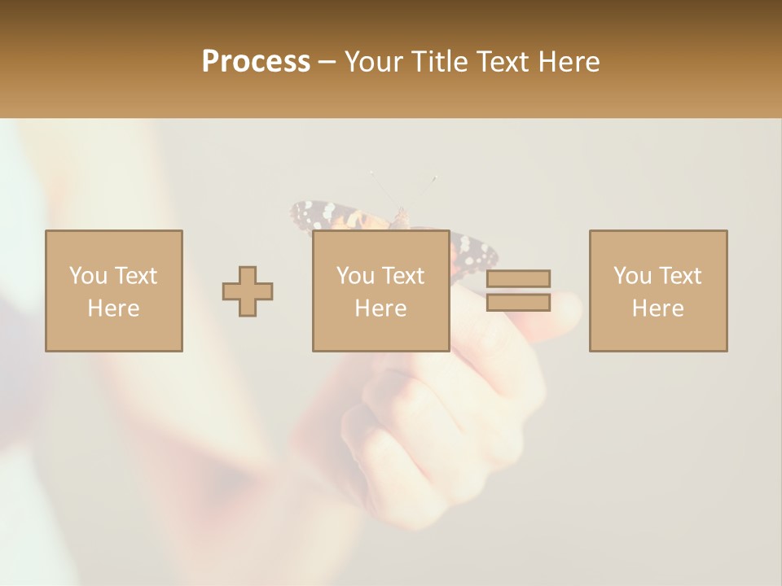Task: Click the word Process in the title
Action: coord(256,62)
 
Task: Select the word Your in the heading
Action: coord(374,62)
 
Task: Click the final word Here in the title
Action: coord(568,62)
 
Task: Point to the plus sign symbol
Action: coord(248,291)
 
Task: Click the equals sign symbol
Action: coord(518,291)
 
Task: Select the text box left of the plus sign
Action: coord(114,291)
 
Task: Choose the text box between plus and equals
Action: coord(381,291)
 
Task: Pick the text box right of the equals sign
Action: coord(658,291)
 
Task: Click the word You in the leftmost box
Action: coord(88,276)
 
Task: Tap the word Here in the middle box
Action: coord(381,308)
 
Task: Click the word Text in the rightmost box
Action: coord(681,276)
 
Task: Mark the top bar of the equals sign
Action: coord(518,278)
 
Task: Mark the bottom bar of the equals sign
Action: coord(518,303)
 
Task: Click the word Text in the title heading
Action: coord(500,62)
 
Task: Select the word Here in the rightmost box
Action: coord(658,308)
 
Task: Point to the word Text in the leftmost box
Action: coord(135,276)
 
